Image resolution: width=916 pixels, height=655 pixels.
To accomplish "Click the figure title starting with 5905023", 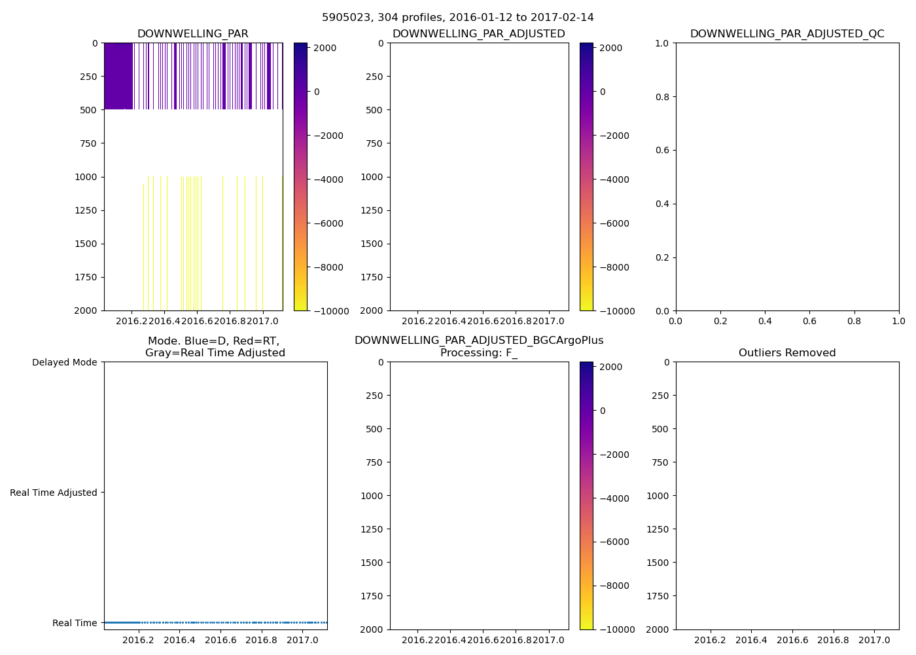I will (457, 18).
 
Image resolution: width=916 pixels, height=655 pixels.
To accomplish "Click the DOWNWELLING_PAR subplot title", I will (192, 34).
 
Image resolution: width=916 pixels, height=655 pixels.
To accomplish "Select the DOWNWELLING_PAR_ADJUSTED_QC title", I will (786, 34).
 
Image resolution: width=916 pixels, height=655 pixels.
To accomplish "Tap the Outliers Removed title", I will (786, 353).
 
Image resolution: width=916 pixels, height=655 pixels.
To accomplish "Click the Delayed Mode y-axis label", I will (64, 362).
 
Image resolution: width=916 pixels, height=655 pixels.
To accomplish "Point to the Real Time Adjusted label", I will (54, 493).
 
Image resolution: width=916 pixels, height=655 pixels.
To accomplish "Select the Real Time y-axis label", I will (75, 623).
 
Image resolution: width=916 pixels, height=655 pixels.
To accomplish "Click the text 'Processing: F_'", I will (478, 353).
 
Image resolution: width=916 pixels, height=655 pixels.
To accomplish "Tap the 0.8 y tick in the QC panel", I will (663, 97).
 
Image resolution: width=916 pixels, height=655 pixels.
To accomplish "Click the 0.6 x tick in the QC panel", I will (809, 322).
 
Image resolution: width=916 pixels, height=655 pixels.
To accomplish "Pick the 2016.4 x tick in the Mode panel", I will (179, 641).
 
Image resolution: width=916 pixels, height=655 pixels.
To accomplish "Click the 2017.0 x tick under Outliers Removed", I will (874, 641).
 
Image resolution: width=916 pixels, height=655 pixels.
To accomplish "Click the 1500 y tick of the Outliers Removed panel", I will (658, 563).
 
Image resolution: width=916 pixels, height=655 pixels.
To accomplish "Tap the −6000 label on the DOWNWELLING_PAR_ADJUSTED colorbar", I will (614, 223).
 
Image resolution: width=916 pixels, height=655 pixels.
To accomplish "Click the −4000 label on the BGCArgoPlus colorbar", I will (614, 498).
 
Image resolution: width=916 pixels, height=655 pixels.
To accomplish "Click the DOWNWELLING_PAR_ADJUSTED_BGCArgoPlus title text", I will (478, 341).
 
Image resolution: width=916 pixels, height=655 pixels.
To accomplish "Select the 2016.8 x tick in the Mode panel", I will (262, 641).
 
